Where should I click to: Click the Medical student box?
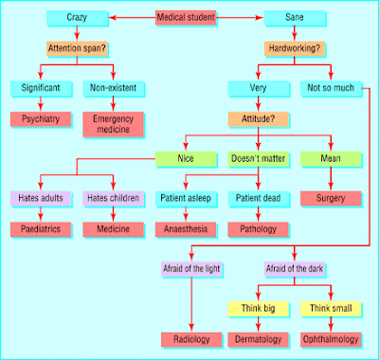tap(186, 18)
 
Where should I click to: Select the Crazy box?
tap(77, 18)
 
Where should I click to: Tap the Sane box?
tap(294, 18)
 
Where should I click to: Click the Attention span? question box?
tap(77, 48)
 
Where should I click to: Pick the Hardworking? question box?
tap(294, 48)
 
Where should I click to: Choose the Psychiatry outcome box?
tap(41, 119)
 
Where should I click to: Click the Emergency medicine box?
tap(113, 124)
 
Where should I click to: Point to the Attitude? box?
tap(258, 119)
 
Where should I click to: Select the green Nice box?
tap(186, 159)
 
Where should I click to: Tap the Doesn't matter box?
tap(258, 159)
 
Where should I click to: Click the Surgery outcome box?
tap(331, 198)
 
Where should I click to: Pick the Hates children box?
tap(113, 198)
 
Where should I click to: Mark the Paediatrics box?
tap(41, 229)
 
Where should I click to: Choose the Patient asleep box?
tap(186, 198)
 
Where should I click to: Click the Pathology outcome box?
tap(258, 229)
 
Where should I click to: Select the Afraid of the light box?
tap(191, 269)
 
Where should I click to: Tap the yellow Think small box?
tap(331, 309)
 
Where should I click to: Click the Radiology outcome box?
tap(191, 339)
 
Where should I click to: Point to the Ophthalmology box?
tap(331, 339)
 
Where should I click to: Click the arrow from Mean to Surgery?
tap(331, 178)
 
